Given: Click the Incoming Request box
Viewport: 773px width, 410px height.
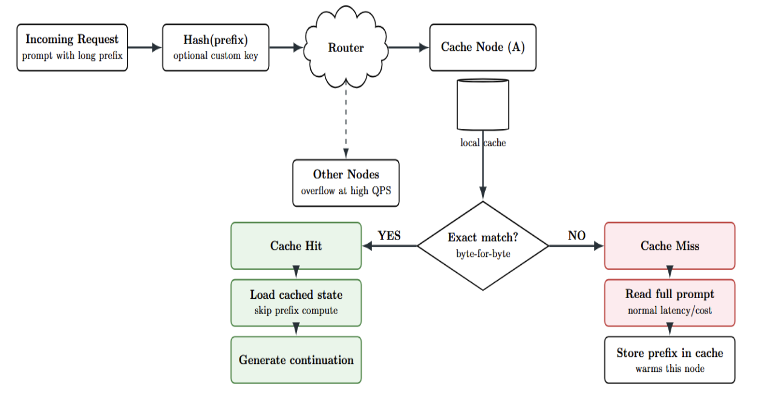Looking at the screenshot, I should (x=72, y=47).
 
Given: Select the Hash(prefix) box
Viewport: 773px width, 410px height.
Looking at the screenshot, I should (x=215, y=47).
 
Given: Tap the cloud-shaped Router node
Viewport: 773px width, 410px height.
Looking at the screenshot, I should (x=345, y=47).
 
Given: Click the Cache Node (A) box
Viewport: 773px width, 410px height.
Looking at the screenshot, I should (x=483, y=47).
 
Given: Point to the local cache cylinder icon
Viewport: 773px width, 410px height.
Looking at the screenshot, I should (x=482, y=105).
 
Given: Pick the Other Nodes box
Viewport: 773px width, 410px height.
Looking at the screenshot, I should (x=346, y=183).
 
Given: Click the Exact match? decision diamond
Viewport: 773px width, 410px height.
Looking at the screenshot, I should (x=483, y=246).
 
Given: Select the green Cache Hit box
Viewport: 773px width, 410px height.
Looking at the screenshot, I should (x=296, y=246).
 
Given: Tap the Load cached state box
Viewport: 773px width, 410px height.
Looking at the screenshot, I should (x=296, y=302).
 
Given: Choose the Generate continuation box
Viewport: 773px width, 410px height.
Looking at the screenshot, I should (x=296, y=360).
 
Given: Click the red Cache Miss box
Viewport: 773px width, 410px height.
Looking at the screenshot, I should (x=670, y=246).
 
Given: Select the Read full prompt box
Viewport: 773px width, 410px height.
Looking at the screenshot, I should (x=670, y=302).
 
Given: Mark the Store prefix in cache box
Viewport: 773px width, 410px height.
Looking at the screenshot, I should (x=670, y=360).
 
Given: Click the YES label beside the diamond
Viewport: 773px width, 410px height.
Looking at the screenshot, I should (x=389, y=236).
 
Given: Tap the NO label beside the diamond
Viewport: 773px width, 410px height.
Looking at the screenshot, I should (x=576, y=236).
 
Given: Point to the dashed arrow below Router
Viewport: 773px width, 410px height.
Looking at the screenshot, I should (x=346, y=121).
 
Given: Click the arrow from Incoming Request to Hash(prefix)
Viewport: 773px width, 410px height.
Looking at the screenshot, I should (x=145, y=47).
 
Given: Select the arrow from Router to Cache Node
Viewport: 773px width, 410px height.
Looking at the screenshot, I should (x=408, y=47).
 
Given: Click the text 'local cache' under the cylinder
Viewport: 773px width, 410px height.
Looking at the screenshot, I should (x=483, y=143).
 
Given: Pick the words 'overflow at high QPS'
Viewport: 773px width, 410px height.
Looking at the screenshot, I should (x=346, y=190).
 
